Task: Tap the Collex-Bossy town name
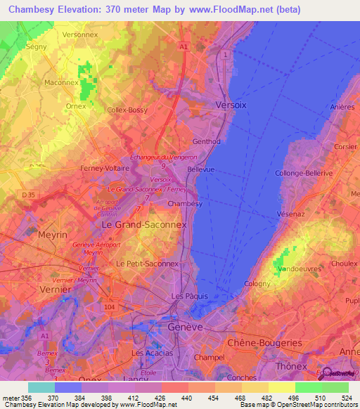pos(127,110)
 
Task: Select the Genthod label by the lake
pos(207,141)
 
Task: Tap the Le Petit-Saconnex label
pos(148,264)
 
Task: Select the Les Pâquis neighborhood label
pos(189,296)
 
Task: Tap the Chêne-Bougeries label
pos(264,342)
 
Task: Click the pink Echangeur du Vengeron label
pos(163,157)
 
